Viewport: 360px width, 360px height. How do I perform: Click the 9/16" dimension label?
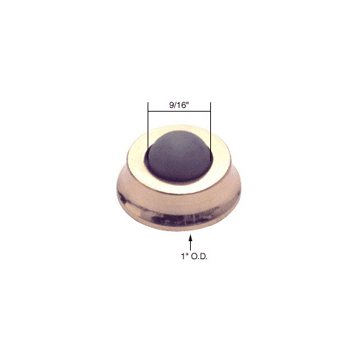pyautogui.click(x=179, y=105)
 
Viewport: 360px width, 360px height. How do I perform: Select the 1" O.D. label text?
pyautogui.click(x=194, y=256)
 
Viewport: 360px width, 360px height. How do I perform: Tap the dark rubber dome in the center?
pyautogui.click(x=179, y=156)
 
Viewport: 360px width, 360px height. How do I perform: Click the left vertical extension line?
pyautogui.click(x=148, y=132)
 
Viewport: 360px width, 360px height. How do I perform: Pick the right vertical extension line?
pyautogui.click(x=210, y=132)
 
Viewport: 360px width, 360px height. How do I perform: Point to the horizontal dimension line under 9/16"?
pyautogui.click(x=179, y=111)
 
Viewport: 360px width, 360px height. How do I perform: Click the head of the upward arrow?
pyautogui.click(x=191, y=238)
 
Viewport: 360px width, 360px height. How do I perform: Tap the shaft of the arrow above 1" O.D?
pyautogui.click(x=191, y=246)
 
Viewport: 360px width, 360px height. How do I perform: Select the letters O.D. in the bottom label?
pyautogui.click(x=199, y=256)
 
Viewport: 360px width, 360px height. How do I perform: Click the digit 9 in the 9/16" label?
pyautogui.click(x=171, y=105)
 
